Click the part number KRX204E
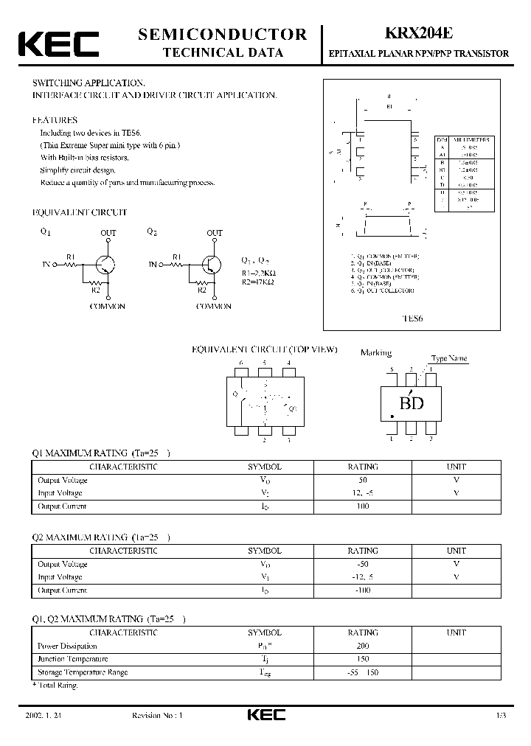tap(417, 33)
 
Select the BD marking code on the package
tap(411, 403)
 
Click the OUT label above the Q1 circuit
tap(108, 233)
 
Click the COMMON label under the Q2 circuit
tap(214, 306)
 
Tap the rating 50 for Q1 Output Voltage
tap(362, 480)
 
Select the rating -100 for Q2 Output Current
tap(362, 590)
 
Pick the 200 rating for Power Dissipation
tap(362, 646)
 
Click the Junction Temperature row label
tap(72, 659)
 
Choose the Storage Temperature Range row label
tap(82, 672)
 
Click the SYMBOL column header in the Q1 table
tap(265, 467)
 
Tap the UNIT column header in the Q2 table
tap(457, 551)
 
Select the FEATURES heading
tap(55, 119)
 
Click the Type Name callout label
tap(449, 359)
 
